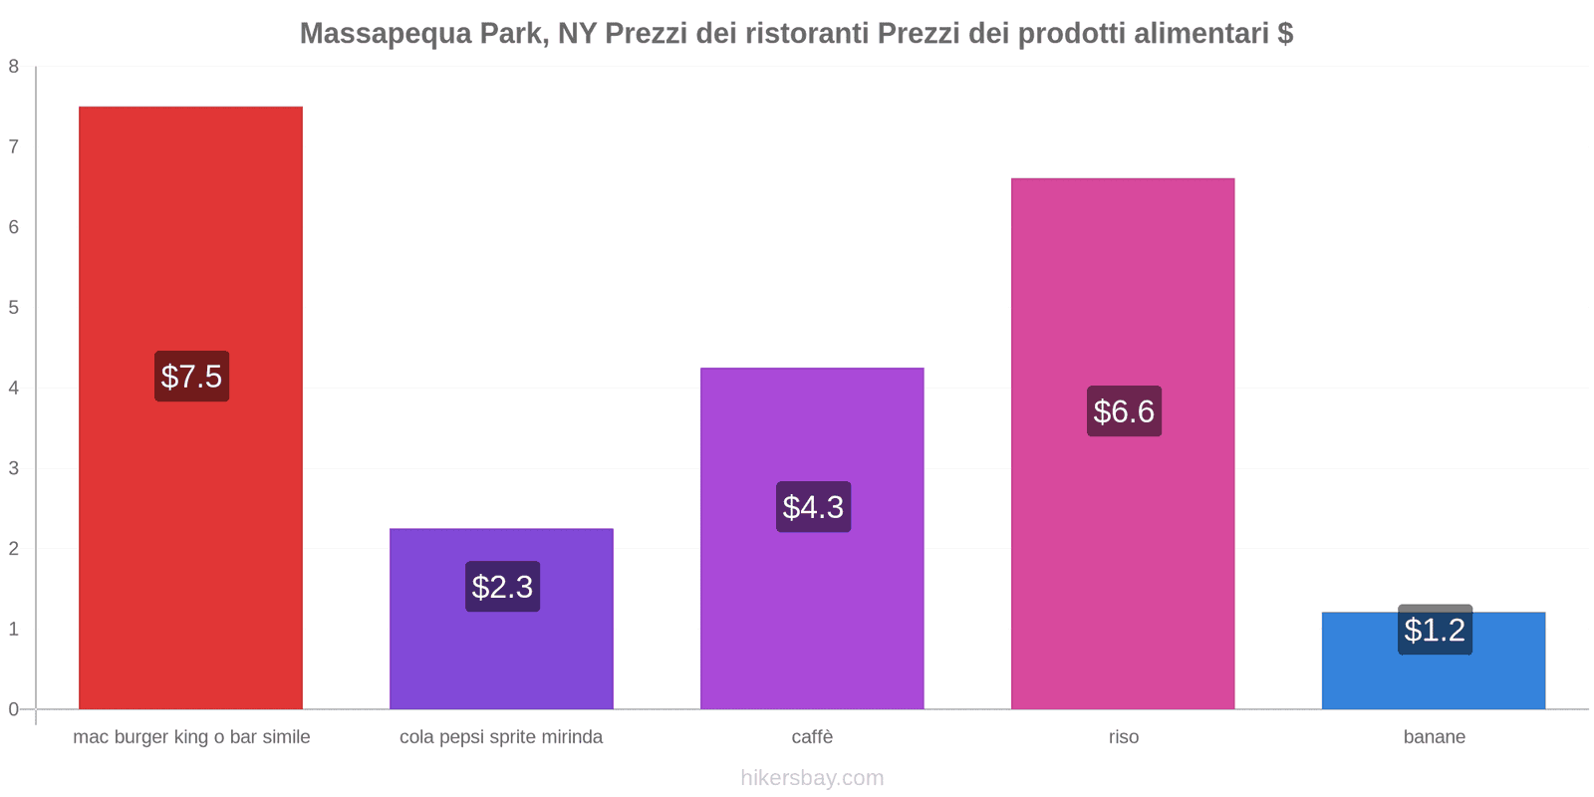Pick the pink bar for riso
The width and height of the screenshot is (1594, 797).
(1123, 279)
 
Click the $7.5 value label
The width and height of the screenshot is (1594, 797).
(191, 377)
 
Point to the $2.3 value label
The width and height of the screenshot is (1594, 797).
(502, 587)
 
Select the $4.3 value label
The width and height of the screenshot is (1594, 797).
(813, 507)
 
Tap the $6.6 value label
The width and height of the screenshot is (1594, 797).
(1124, 411)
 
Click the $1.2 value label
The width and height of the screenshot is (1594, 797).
(1435, 630)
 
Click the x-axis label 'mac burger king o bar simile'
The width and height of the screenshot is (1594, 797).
(191, 737)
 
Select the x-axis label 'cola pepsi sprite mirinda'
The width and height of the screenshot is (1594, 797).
(501, 737)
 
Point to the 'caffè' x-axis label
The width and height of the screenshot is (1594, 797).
(812, 737)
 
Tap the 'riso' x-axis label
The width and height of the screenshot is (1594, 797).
(1123, 737)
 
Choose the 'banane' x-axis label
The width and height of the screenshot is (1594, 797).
(1434, 737)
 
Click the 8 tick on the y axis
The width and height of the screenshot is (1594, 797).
(14, 67)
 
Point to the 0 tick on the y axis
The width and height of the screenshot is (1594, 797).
(14, 709)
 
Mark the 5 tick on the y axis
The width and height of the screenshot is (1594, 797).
(14, 308)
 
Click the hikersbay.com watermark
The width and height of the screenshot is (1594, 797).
(812, 778)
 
